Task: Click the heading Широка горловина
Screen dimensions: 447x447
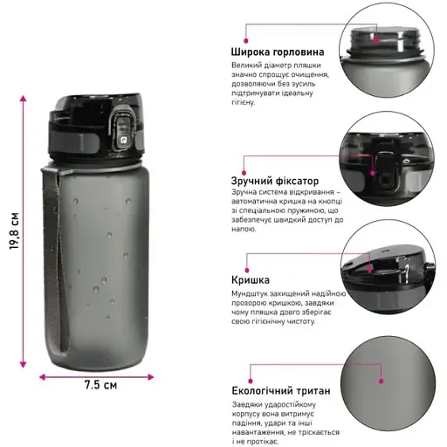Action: (x=278, y=52)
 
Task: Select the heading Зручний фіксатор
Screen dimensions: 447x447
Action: (x=275, y=181)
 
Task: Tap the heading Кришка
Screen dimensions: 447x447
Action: (x=251, y=280)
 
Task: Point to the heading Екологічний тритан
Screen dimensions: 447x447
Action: (x=281, y=390)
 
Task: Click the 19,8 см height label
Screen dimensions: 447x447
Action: (x=14, y=231)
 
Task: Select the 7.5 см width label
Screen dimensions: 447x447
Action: (x=100, y=385)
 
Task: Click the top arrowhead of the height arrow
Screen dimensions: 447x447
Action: (x=23, y=98)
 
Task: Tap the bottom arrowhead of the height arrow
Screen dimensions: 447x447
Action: (x=23, y=364)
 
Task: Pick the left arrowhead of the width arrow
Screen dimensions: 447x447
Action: (x=43, y=377)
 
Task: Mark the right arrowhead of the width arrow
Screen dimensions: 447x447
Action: (x=150, y=377)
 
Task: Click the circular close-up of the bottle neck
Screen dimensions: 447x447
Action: (x=387, y=51)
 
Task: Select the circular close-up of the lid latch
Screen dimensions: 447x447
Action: (x=387, y=159)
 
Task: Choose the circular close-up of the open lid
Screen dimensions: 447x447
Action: (x=388, y=267)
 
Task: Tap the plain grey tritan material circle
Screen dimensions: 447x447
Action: (x=388, y=383)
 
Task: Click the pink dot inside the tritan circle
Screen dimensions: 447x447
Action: (x=382, y=381)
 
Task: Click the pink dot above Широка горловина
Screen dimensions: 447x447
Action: (x=246, y=41)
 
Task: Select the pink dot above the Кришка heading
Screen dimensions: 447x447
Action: (x=247, y=270)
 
